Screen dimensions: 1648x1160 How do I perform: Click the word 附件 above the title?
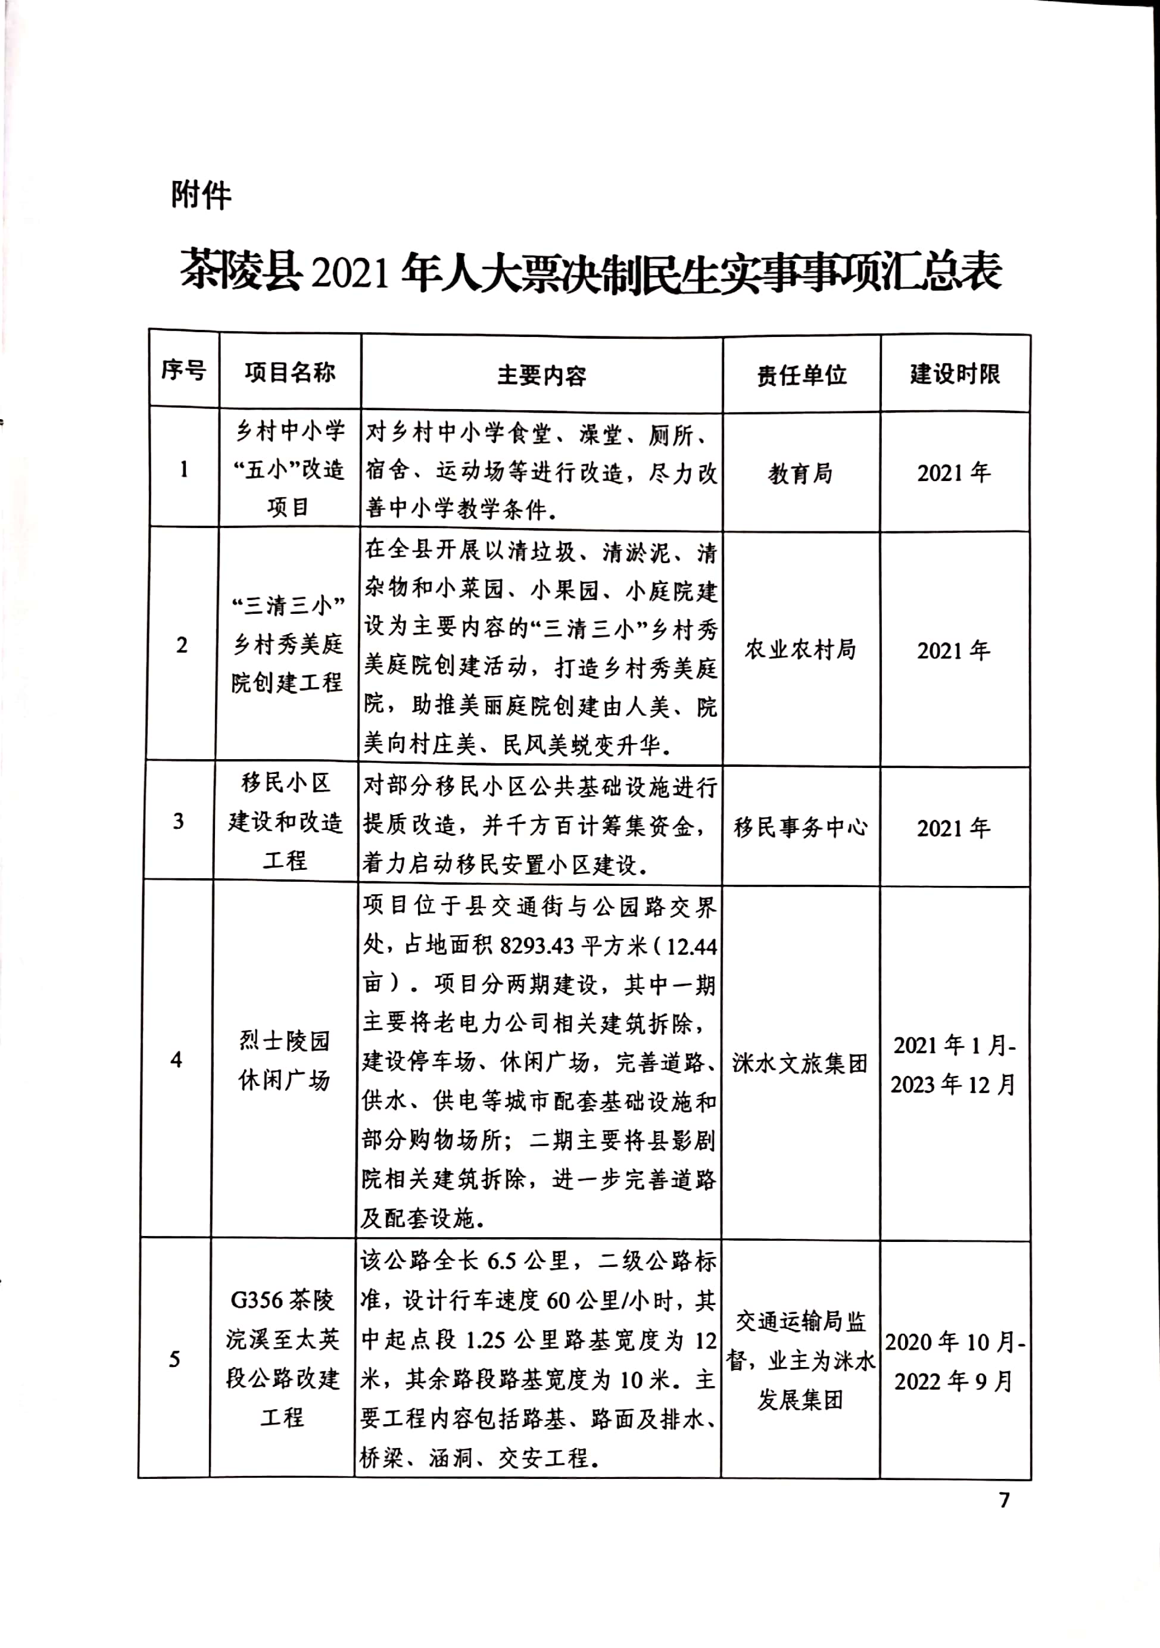(201, 195)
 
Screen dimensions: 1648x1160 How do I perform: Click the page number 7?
(1004, 1499)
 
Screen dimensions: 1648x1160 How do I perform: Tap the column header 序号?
(183, 370)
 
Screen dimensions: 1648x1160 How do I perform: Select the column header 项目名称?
(289, 373)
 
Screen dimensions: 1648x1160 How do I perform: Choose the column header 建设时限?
(955, 374)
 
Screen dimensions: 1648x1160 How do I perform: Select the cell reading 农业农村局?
(800, 650)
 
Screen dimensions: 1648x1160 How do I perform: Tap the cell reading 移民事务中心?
(800, 828)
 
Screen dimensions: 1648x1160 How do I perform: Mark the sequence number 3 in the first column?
(179, 821)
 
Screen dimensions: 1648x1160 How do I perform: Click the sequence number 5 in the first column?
(174, 1359)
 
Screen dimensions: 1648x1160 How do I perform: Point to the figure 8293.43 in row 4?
(537, 946)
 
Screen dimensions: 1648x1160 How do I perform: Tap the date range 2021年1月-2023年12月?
(954, 1065)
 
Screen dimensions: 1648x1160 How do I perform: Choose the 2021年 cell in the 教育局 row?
(954, 473)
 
